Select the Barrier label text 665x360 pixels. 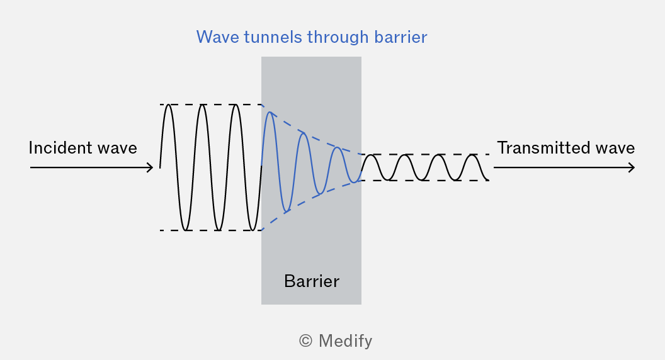coord(312,281)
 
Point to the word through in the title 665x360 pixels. coord(338,37)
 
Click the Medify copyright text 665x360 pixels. coord(336,341)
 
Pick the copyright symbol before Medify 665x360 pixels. coord(306,341)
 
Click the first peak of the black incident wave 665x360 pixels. coord(168,104)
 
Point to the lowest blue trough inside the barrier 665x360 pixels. coord(287,211)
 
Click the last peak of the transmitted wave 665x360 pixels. coord(472,155)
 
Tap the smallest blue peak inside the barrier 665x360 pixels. coord(337,147)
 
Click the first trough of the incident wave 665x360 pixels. coord(185,230)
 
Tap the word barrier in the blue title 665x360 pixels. coord(401,37)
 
